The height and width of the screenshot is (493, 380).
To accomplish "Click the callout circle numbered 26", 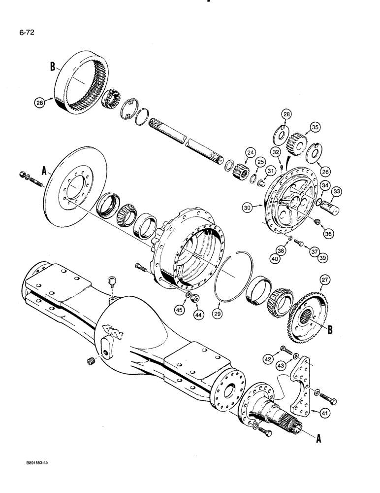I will click(39, 103).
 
